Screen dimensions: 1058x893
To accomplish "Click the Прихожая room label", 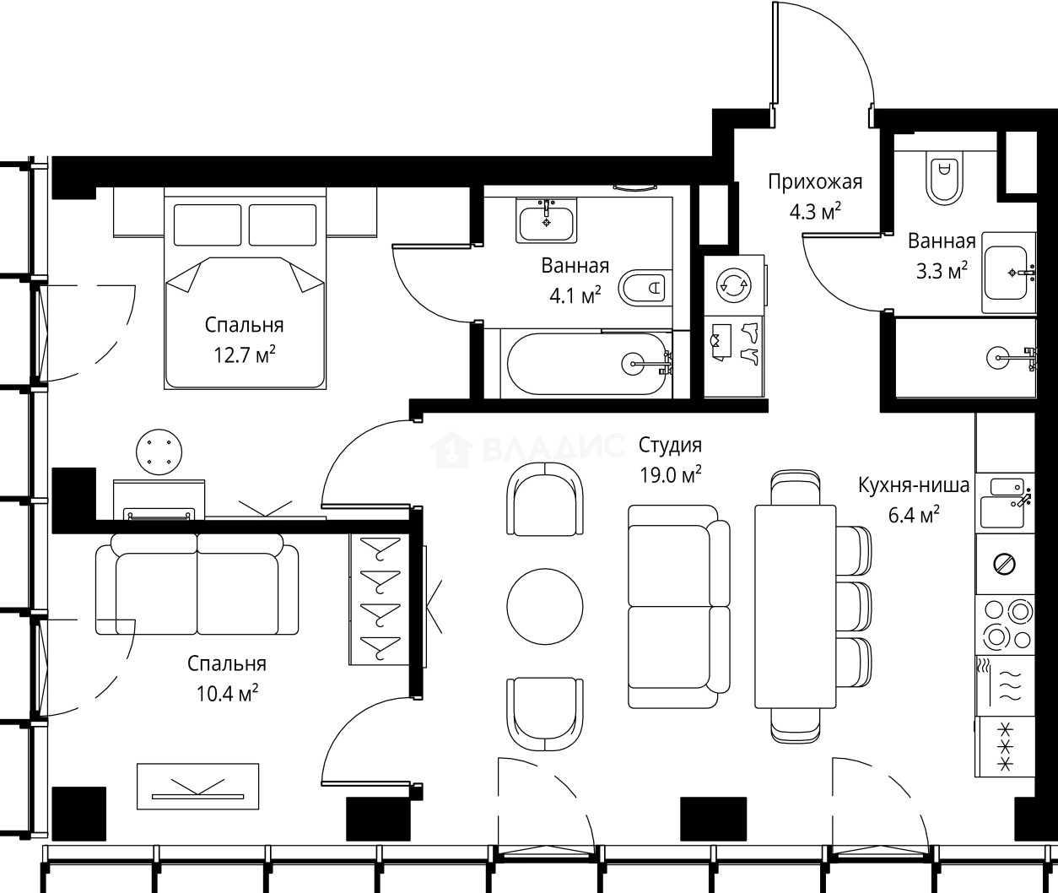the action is (815, 182).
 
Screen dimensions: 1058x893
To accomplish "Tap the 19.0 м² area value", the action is (670, 474).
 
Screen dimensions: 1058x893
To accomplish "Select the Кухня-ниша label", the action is (914, 485).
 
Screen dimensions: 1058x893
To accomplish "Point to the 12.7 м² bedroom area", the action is (244, 354).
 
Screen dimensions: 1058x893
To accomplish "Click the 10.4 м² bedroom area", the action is (227, 693).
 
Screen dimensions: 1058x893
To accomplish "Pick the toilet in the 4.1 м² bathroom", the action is (645, 288).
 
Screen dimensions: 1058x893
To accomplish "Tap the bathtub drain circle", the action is (634, 363).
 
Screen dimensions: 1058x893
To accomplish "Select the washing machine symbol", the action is (733, 285).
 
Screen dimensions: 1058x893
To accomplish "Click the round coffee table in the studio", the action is (545, 607).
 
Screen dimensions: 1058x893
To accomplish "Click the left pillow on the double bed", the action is (208, 225).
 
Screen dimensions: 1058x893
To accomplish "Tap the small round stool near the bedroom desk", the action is (159, 452).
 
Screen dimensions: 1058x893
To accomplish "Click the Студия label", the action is (670, 445).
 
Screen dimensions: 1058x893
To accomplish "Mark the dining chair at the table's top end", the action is (795, 488).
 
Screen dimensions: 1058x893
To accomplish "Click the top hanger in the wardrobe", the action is (379, 549).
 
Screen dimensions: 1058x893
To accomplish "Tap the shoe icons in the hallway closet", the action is (750, 343).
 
